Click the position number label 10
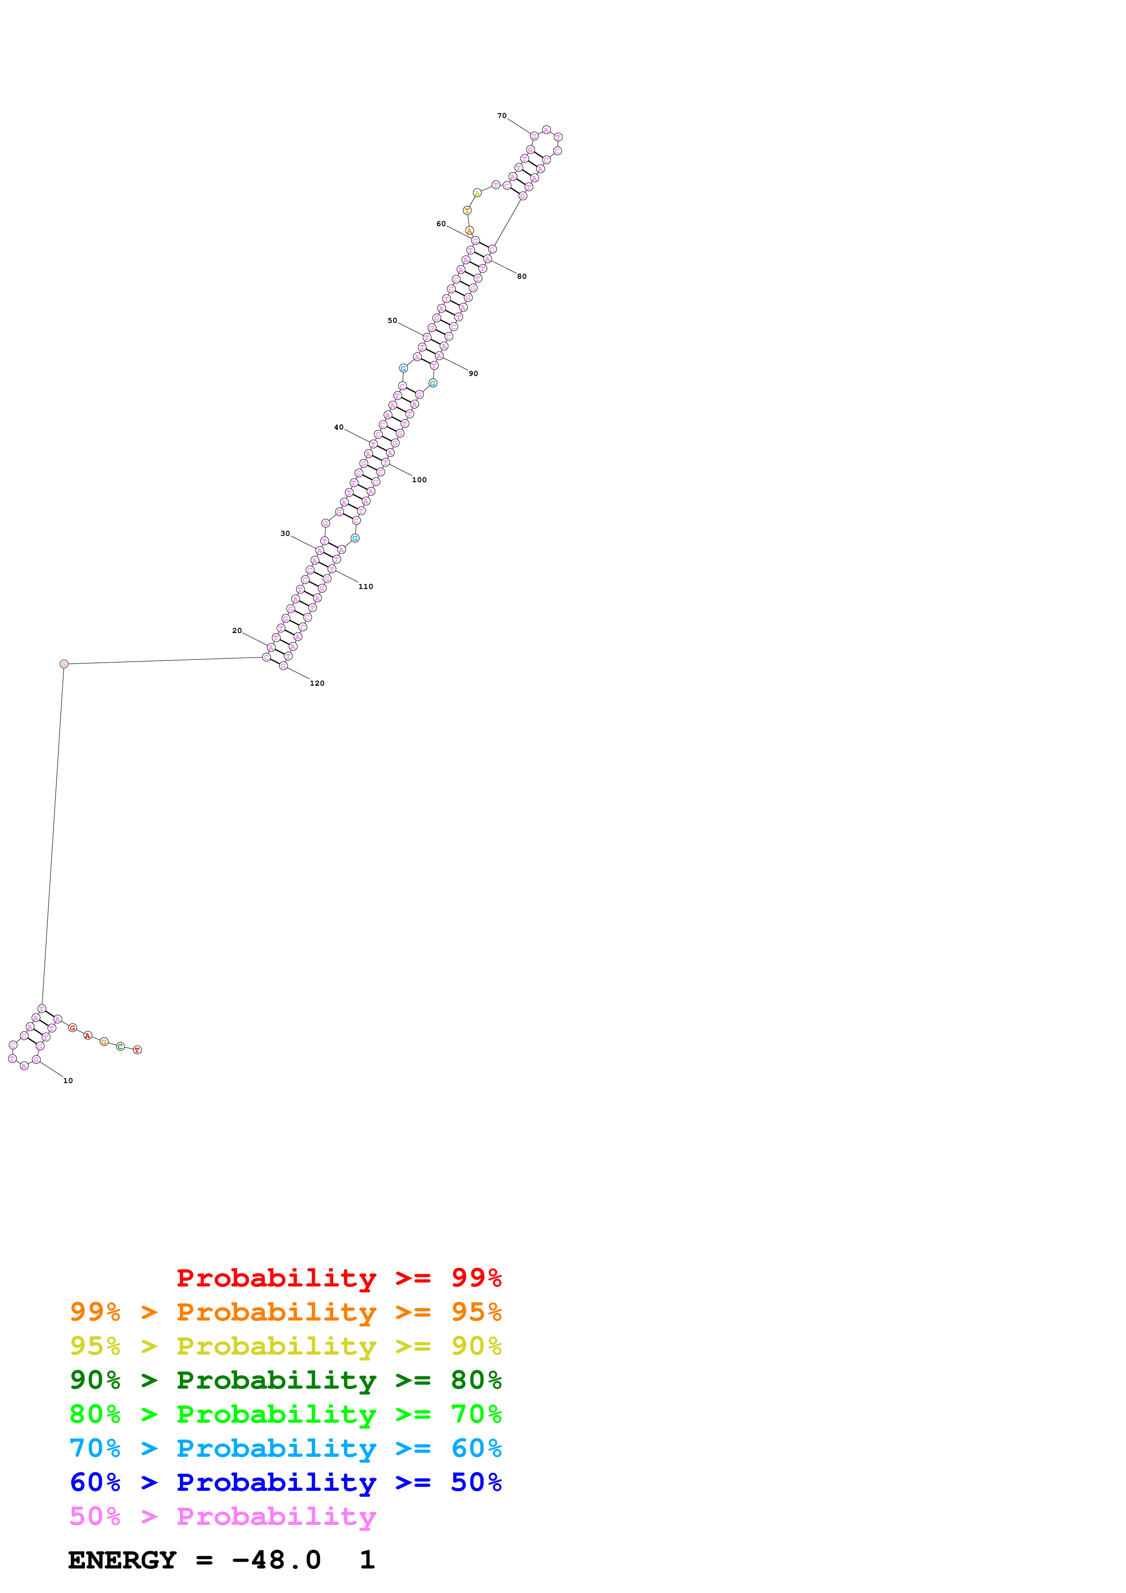pyautogui.click(x=68, y=1080)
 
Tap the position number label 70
pyautogui.click(x=501, y=116)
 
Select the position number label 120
pyautogui.click(x=317, y=683)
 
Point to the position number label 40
pyautogui.click(x=338, y=427)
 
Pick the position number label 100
pyautogui.click(x=419, y=480)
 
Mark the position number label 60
pyautogui.click(x=441, y=224)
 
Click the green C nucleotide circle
pyautogui.click(x=120, y=1046)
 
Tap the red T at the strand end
pyautogui.click(x=137, y=1050)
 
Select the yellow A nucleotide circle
pyautogui.click(x=476, y=193)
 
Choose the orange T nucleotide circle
pyautogui.click(x=467, y=210)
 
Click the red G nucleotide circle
pyautogui.click(x=73, y=1028)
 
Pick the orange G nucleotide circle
pyautogui.click(x=104, y=1041)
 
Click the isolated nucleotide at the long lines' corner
pyautogui.click(x=64, y=664)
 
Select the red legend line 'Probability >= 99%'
pyautogui.click(x=338, y=1278)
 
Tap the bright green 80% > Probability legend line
pyautogui.click(x=285, y=1414)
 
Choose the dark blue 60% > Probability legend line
pyautogui.click(x=285, y=1482)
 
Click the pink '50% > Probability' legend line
pyautogui.click(x=222, y=1516)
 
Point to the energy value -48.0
pyautogui.click(x=276, y=1560)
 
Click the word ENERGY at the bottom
pyautogui.click(x=122, y=1560)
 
